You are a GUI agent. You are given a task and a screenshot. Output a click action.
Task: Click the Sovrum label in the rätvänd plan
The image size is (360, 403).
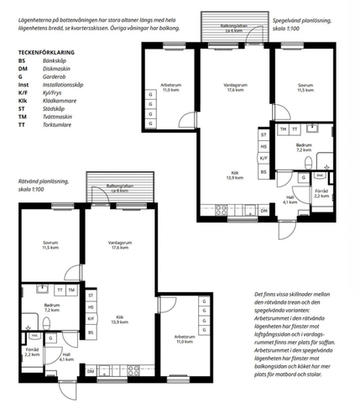(50, 247)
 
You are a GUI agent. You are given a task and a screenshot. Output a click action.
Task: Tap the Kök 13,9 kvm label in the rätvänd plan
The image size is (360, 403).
(118, 321)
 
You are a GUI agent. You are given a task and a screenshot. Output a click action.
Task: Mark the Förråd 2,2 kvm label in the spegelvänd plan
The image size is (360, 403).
(321, 193)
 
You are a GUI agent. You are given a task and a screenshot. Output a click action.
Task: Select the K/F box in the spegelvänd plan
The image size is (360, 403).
(263, 159)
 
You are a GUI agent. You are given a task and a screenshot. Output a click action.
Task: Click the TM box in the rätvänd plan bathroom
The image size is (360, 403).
(71, 290)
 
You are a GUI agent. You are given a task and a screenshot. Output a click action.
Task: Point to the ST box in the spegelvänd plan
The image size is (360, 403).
(263, 134)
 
